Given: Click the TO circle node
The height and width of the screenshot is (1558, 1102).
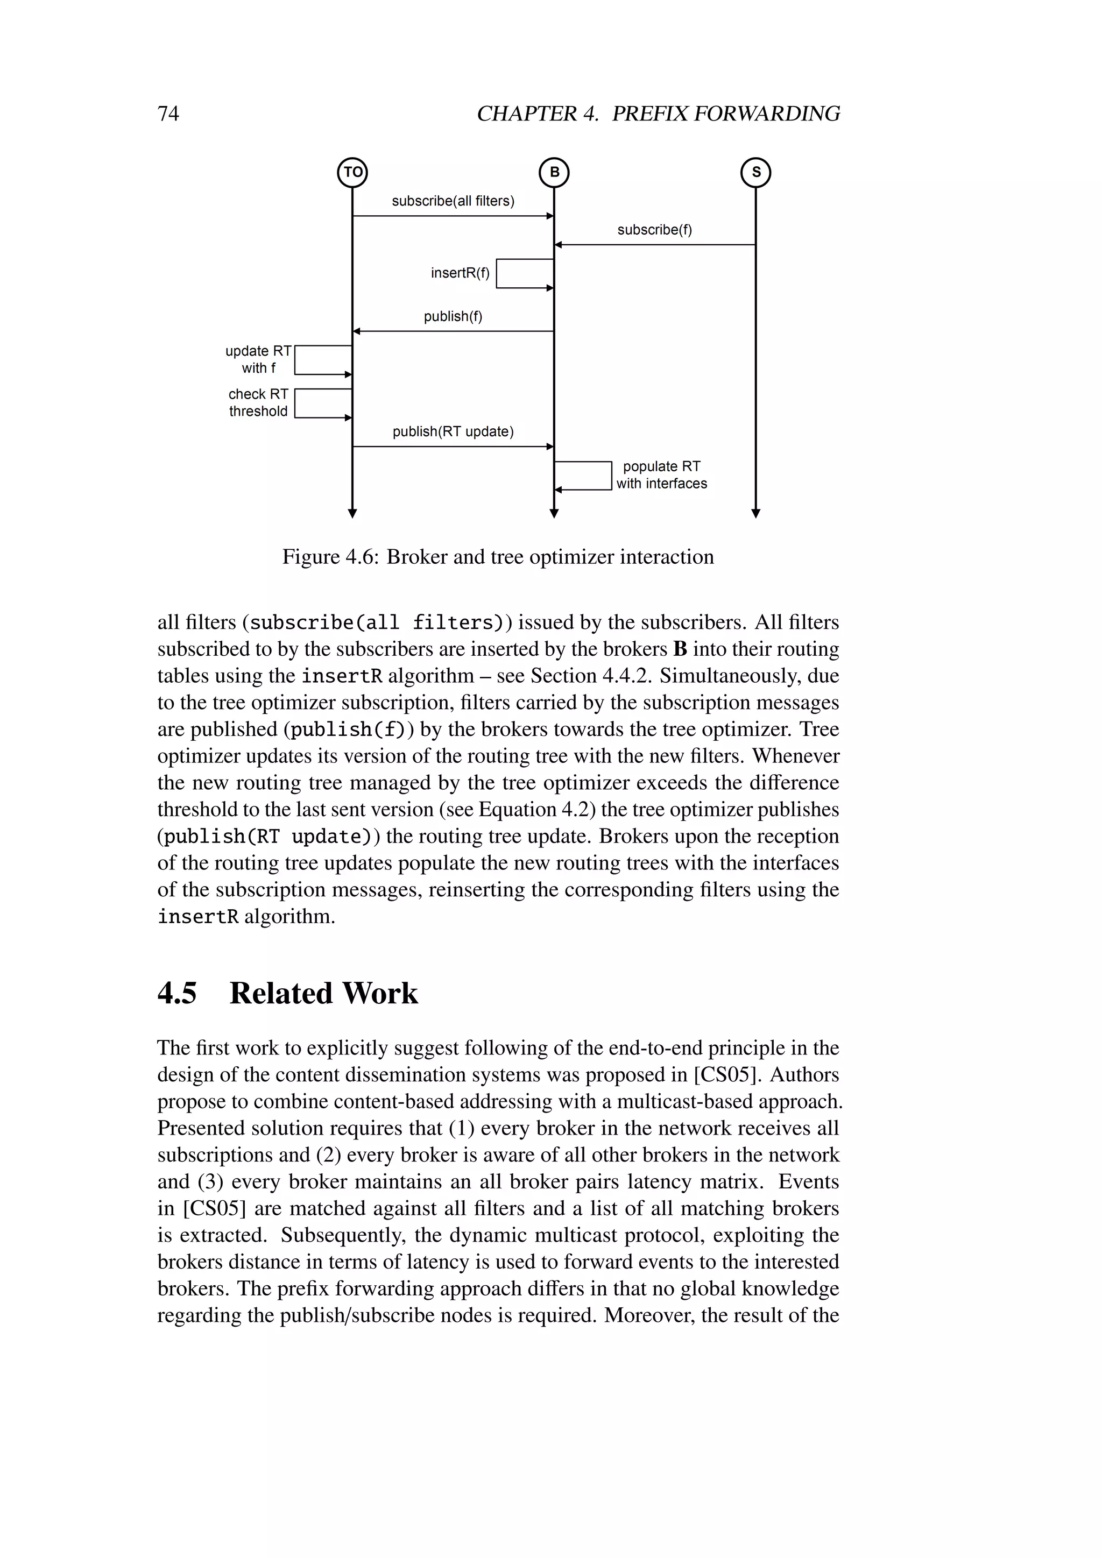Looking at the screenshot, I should click(x=352, y=172).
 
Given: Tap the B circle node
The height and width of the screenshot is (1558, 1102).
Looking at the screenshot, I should click(x=554, y=172).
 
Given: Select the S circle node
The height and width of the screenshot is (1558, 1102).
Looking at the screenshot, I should click(x=756, y=172).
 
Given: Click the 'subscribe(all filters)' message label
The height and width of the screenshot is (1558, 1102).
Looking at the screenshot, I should click(x=453, y=201).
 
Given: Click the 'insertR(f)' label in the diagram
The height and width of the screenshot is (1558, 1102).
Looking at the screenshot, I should click(x=460, y=273).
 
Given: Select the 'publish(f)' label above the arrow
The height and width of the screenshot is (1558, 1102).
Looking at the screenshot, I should click(x=453, y=316).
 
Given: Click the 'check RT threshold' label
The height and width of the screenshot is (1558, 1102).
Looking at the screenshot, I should click(x=258, y=402).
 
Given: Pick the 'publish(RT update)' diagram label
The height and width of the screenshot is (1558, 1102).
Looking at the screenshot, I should click(x=453, y=431).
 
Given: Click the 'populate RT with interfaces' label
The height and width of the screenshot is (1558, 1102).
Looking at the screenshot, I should click(x=662, y=475).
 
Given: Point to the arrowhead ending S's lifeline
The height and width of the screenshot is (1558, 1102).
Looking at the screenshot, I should click(x=756, y=514).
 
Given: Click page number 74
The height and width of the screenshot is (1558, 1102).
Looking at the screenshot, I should click(x=168, y=114).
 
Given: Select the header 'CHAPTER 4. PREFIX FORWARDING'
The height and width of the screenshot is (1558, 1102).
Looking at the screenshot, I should click(x=658, y=114).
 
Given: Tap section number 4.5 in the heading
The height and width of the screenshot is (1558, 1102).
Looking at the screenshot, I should click(x=177, y=994).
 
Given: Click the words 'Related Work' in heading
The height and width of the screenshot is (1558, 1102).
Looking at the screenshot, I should click(x=324, y=994).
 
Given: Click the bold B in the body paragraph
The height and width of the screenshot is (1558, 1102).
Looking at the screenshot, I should click(x=680, y=649).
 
